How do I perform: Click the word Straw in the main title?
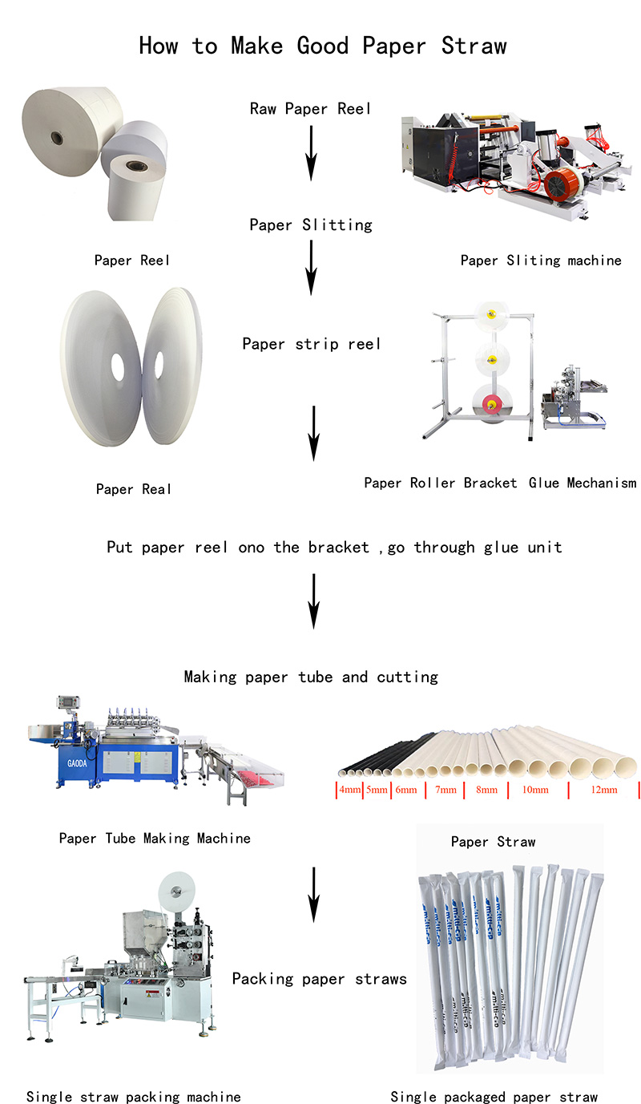pyautogui.click(x=474, y=46)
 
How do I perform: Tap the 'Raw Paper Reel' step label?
pyautogui.click(x=310, y=108)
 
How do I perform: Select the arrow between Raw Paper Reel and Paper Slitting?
pyautogui.click(x=311, y=153)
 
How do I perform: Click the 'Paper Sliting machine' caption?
pyautogui.click(x=541, y=261)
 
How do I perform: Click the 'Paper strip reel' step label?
pyautogui.click(x=311, y=343)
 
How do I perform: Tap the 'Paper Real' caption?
pyautogui.click(x=133, y=489)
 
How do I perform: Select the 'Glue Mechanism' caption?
pyautogui.click(x=583, y=483)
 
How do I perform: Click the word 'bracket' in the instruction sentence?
pyautogui.click(x=338, y=547)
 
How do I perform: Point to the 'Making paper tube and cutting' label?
pyautogui.click(x=311, y=677)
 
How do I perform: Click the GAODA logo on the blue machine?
pyautogui.click(x=78, y=763)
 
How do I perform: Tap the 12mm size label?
pyautogui.click(x=604, y=790)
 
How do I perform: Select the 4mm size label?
pyautogui.click(x=350, y=790)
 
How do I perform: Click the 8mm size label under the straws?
pyautogui.click(x=486, y=790)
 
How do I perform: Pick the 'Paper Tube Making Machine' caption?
pyautogui.click(x=155, y=839)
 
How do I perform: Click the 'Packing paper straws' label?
pyautogui.click(x=319, y=978)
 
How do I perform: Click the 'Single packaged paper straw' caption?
pyautogui.click(x=494, y=1097)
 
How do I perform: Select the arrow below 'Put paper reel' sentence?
pyautogui.click(x=313, y=601)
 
